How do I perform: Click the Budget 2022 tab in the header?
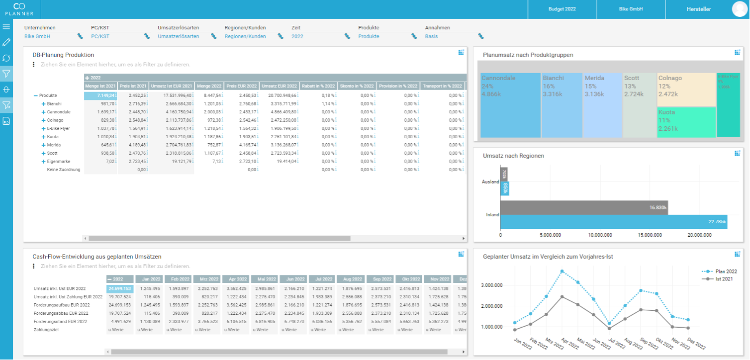click(x=562, y=9)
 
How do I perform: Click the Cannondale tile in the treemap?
click(x=511, y=105)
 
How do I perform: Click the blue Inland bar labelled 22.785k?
click(x=614, y=222)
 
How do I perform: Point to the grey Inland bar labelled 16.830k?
click(x=584, y=208)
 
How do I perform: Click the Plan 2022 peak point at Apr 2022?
click(x=562, y=271)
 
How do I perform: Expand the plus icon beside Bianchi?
click(x=43, y=104)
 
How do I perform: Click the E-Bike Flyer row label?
click(x=59, y=128)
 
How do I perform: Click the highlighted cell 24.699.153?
click(x=120, y=288)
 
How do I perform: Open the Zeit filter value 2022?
click(x=297, y=36)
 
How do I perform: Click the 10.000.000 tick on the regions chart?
click(x=600, y=235)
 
